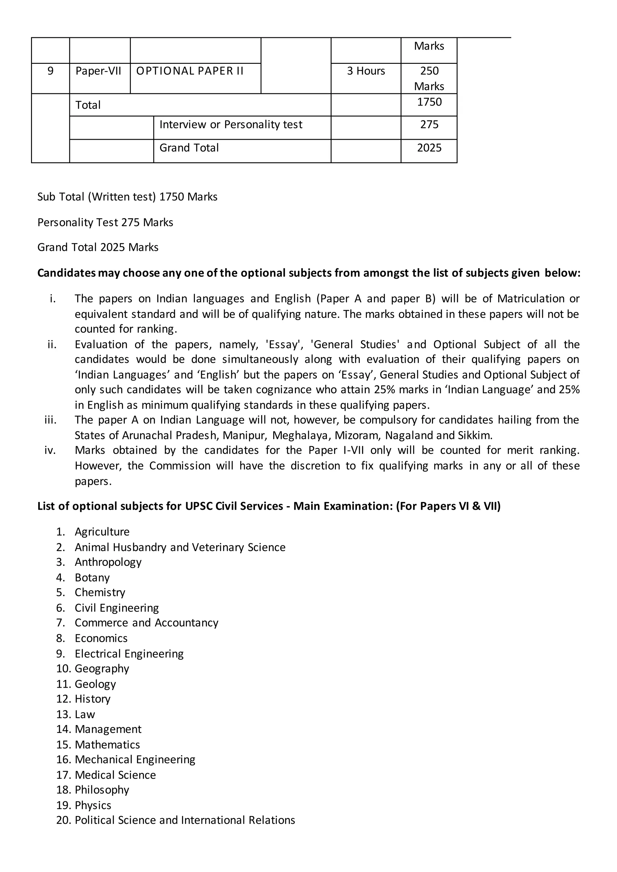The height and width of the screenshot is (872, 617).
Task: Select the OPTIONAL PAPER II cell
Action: [x=189, y=71]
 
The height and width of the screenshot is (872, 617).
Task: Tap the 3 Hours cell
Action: [x=365, y=71]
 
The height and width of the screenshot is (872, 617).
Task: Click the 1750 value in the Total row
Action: [x=429, y=102]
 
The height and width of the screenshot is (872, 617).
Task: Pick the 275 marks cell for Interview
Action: [x=429, y=125]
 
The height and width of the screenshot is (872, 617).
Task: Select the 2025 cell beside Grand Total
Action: [x=429, y=148]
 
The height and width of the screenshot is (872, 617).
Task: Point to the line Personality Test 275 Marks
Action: [x=105, y=223]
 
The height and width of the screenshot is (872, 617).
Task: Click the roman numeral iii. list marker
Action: [x=51, y=420]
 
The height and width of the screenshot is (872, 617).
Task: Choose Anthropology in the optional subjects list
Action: [x=108, y=562]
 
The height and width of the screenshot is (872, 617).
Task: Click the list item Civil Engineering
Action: [x=117, y=608]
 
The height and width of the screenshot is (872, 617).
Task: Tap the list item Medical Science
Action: [x=115, y=775]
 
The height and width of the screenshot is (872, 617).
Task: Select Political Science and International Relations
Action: [x=185, y=820]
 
